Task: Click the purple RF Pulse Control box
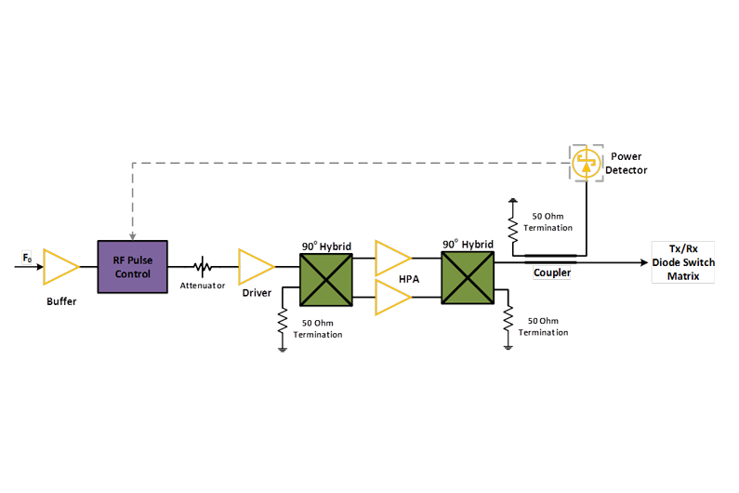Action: pyautogui.click(x=132, y=266)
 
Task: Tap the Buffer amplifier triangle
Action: pyautogui.click(x=60, y=266)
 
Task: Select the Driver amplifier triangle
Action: pyautogui.click(x=255, y=266)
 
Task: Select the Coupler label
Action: pyautogui.click(x=552, y=273)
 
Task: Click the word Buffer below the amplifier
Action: pyautogui.click(x=61, y=302)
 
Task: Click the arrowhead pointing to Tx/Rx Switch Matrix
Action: pyautogui.click(x=642, y=263)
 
